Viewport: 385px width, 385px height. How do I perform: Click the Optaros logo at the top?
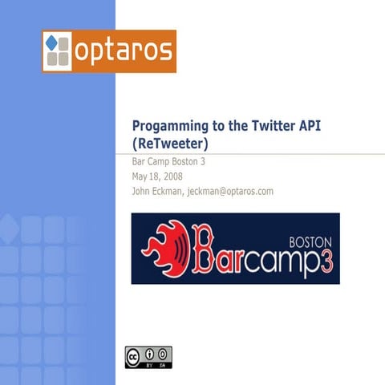click(109, 51)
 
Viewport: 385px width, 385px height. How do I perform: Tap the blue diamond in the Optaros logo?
click(53, 42)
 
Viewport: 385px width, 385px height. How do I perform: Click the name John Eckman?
click(160, 191)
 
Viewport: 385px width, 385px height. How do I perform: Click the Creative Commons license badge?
click(148, 357)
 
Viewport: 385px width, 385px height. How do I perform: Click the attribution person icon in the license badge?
click(149, 354)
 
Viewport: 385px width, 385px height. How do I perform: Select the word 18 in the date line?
click(155, 176)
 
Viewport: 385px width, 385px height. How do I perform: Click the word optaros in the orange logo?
click(123, 51)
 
